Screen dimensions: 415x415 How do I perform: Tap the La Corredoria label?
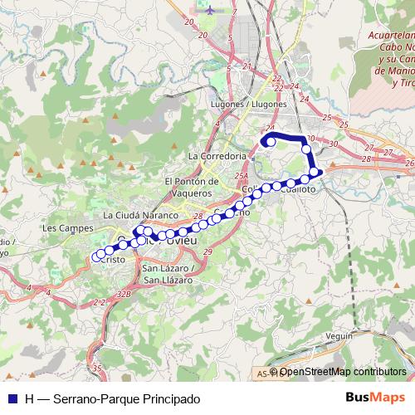pos(217,155)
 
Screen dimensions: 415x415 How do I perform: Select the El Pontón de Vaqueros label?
pos(191,187)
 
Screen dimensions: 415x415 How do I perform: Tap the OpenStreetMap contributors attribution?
pos(342,372)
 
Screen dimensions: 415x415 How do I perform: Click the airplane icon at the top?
pos(208,11)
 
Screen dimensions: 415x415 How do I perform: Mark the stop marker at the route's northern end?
pos(271,141)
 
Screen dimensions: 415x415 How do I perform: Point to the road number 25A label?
pos(241,175)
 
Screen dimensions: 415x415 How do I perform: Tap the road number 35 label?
pos(97,368)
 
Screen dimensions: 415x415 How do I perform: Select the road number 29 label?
pos(207,251)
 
